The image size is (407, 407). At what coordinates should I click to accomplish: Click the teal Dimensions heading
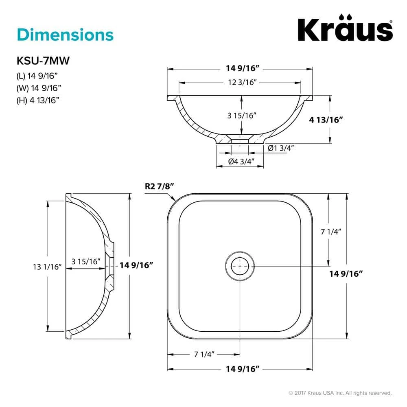(x=65, y=35)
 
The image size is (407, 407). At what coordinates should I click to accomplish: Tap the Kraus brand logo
(x=345, y=29)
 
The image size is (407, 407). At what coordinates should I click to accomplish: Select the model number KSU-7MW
(x=43, y=61)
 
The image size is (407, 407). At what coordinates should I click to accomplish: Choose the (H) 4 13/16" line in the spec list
(x=38, y=101)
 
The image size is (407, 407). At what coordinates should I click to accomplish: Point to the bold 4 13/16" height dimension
(x=327, y=120)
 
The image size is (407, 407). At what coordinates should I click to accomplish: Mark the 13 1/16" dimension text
(x=47, y=267)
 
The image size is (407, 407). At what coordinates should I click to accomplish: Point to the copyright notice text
(x=340, y=393)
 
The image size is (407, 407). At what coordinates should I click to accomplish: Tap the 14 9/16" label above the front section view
(x=240, y=69)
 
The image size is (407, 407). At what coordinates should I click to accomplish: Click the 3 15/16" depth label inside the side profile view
(x=85, y=261)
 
